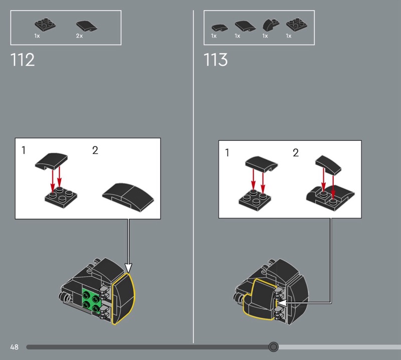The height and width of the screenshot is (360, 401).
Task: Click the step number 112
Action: coord(23,60)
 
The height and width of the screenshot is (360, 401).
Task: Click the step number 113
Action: coord(216,60)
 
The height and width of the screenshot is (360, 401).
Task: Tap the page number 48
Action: coord(15,347)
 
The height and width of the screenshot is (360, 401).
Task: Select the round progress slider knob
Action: coord(273,346)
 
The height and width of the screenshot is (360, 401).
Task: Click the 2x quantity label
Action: coord(79,36)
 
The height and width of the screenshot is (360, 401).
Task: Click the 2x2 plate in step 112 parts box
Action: coord(45,25)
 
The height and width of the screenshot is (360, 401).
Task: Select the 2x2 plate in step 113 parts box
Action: coord(297,25)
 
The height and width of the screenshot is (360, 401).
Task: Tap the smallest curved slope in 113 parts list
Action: coord(220,28)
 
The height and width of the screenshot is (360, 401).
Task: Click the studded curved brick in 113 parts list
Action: coord(271,25)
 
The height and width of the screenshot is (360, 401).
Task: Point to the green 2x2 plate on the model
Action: coord(92,301)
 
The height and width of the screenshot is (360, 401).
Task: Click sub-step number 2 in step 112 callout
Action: coord(95,150)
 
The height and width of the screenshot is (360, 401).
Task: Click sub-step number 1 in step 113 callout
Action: coord(227,153)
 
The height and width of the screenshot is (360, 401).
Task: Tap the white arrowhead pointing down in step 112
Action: coord(128,268)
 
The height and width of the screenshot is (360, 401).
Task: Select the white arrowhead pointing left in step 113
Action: coord(282,303)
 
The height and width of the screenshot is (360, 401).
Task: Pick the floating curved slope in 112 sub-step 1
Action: coord(52,161)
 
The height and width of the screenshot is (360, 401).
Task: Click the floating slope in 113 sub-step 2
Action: coord(328,165)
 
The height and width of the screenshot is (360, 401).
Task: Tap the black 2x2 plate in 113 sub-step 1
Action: coord(255,201)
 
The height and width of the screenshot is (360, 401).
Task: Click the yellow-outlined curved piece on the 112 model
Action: coord(123,298)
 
